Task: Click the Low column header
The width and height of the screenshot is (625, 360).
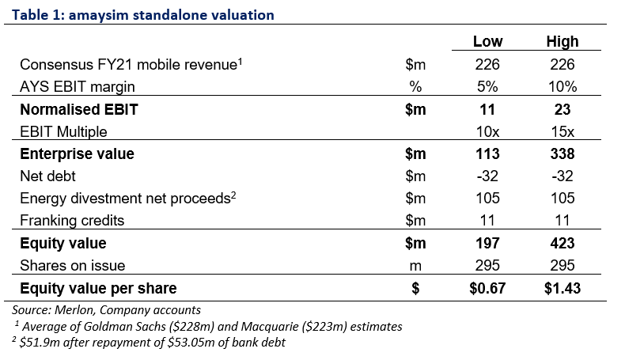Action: (487, 41)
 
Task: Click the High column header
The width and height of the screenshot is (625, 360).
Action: (562, 41)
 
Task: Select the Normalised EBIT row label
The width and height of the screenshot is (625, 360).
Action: (79, 109)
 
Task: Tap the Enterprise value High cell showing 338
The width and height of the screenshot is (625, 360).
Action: (562, 153)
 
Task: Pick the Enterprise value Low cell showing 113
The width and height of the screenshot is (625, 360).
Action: (487, 153)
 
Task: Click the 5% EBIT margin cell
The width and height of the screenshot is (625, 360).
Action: (487, 86)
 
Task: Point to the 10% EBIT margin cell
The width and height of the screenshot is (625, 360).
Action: (562, 86)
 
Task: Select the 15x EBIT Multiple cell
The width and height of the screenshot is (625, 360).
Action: (562, 131)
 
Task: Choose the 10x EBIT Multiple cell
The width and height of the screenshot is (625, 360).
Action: (487, 131)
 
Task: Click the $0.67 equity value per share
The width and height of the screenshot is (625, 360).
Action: (487, 288)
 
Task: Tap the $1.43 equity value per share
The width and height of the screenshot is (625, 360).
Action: (562, 288)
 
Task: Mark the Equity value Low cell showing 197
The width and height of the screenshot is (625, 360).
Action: (487, 243)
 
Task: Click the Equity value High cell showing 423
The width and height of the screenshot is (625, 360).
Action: (562, 243)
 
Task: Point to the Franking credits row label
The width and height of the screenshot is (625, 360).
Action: (72, 221)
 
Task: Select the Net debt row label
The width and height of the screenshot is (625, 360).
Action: (47, 176)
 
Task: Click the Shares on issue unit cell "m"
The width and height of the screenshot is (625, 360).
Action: (415, 267)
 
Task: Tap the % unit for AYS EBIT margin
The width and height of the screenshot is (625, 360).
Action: (415, 86)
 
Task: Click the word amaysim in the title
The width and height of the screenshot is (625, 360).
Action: (98, 16)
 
